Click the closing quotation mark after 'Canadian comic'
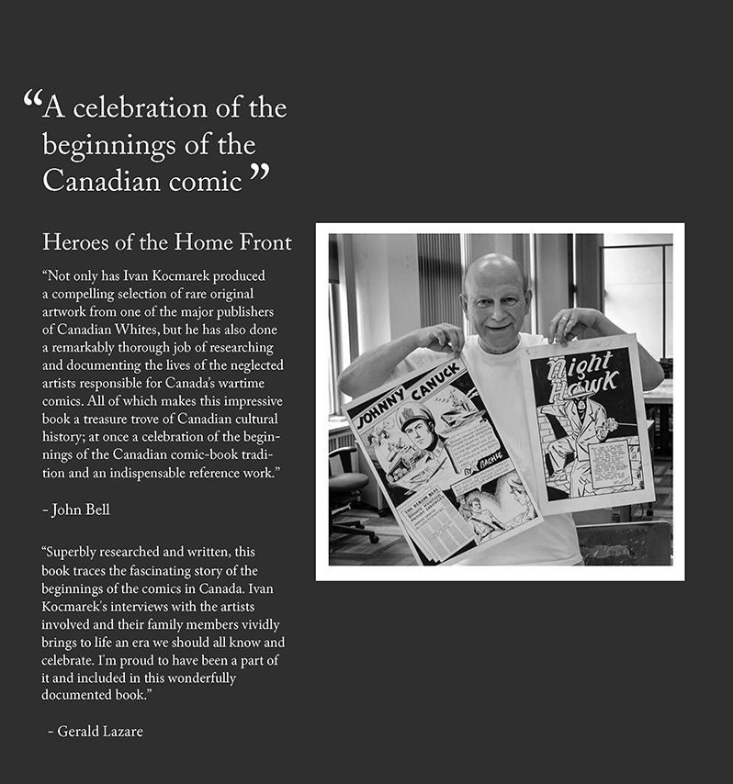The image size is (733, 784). (x=260, y=172)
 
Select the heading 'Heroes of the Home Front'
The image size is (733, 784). (x=167, y=242)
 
